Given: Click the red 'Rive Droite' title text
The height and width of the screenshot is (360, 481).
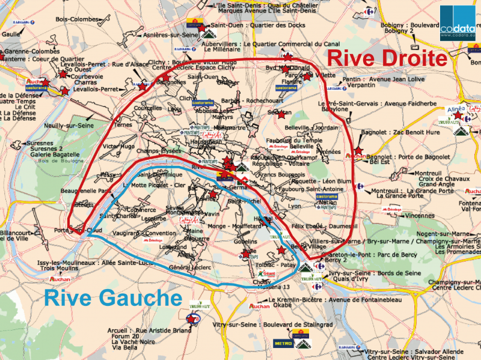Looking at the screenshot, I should pyautogui.click(x=388, y=58).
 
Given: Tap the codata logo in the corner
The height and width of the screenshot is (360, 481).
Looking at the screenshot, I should pyautogui.click(x=459, y=22).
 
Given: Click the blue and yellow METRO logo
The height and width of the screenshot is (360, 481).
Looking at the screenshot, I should pyautogui.click(x=283, y=343).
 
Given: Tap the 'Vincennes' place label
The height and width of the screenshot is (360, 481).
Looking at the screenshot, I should pyautogui.click(x=420, y=215).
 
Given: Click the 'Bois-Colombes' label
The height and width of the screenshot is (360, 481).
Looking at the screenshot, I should pyautogui.click(x=76, y=19).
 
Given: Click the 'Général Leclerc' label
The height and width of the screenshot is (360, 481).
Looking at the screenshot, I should pyautogui.click(x=188, y=266).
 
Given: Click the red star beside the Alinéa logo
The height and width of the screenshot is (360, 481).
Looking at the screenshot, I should pyautogui.click(x=458, y=115).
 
